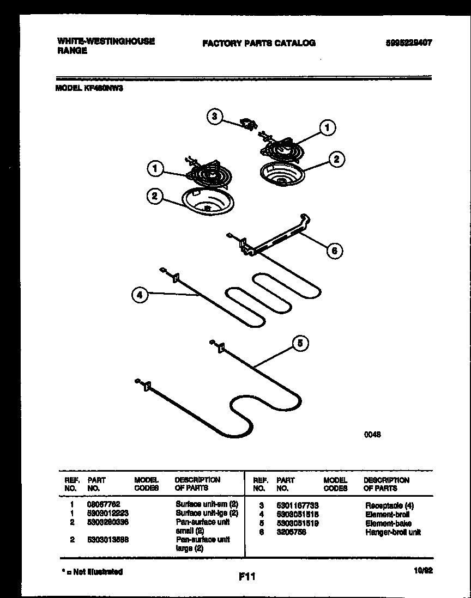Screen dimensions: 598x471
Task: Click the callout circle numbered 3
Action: pos(215,116)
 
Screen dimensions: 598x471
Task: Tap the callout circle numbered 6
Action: pos(335,251)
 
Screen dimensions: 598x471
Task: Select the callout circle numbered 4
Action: pos(140,295)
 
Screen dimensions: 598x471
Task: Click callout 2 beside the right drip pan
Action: pos(336,159)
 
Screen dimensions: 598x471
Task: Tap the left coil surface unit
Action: pos(211,175)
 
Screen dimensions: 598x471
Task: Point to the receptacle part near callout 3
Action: pos(250,125)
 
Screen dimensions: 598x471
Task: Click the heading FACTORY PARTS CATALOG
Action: pos(258,43)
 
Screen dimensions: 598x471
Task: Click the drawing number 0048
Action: pos(372,435)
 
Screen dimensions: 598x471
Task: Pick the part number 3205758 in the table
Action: pos(291,532)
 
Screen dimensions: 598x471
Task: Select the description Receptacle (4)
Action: pos(389,506)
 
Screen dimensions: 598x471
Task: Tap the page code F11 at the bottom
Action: pos(247,576)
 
